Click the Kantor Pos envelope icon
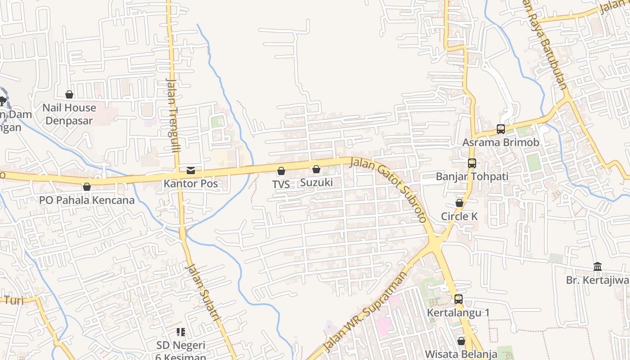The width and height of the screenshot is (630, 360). [191, 171]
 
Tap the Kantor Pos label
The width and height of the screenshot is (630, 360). [191, 184]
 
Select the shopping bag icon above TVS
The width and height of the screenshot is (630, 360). [281, 171]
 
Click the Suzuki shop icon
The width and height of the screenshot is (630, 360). [316, 169]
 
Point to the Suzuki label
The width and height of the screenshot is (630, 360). [316, 182]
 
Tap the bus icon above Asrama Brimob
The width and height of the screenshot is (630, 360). [500, 129]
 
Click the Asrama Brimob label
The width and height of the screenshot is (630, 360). [501, 142]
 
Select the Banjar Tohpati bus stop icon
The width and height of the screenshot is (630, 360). [472, 163]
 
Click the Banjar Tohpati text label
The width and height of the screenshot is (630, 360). [472, 176]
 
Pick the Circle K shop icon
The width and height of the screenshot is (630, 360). [459, 203]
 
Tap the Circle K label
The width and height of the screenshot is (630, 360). [459, 216]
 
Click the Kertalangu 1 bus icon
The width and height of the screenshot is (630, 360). [458, 299]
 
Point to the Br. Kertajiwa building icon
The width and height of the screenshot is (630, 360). [598, 267]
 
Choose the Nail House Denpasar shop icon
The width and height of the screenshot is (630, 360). [69, 94]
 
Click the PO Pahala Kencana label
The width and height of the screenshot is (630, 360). [87, 200]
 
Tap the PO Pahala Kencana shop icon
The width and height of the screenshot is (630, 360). [87, 187]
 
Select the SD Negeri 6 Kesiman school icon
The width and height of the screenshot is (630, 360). [181, 332]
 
